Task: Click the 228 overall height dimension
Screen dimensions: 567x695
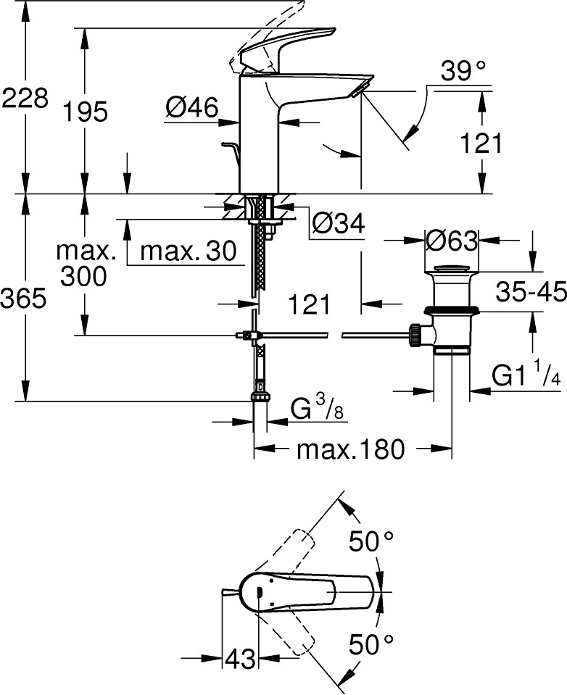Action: pyautogui.click(x=25, y=98)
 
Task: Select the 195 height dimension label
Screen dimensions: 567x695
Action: pyautogui.click(x=85, y=112)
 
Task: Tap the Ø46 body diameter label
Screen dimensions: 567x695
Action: pyautogui.click(x=192, y=107)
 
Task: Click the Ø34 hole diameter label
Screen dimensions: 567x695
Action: pyautogui.click(x=339, y=222)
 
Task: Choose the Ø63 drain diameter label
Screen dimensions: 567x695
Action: pyautogui.click(x=452, y=241)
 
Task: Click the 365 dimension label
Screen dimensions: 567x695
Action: pyautogui.click(x=23, y=298)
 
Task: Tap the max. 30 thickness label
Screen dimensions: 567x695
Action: pyautogui.click(x=189, y=251)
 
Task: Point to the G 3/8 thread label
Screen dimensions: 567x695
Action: pyautogui.click(x=317, y=408)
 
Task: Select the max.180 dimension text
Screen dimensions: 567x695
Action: pyautogui.click(x=351, y=449)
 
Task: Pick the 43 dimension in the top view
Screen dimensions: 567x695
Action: pyautogui.click(x=241, y=659)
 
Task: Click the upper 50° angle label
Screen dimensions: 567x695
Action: pyautogui.click(x=371, y=541)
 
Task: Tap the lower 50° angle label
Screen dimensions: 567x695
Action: pyautogui.click(x=371, y=645)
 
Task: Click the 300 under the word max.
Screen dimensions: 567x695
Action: pyautogui.click(x=84, y=276)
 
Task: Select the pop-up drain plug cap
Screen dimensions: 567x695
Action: pyautogui.click(x=452, y=269)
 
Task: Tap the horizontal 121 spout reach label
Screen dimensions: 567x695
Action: pyautogui.click(x=310, y=304)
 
